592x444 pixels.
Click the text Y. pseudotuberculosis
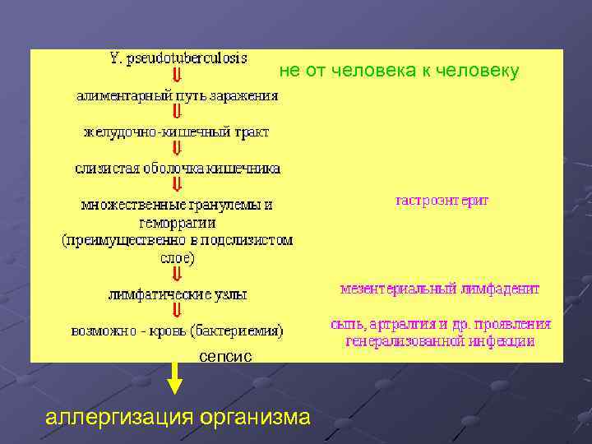(x=178, y=59)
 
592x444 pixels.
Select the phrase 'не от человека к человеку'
(x=399, y=72)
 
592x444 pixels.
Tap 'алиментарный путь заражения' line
(x=178, y=95)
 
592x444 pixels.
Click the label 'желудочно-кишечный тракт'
(x=177, y=132)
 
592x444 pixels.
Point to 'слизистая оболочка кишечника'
(x=178, y=168)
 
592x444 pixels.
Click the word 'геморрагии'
(x=177, y=222)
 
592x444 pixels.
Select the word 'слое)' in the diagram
(x=177, y=257)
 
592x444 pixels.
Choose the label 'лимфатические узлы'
(x=178, y=294)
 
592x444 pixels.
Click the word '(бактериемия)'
(x=239, y=331)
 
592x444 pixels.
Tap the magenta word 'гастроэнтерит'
(x=442, y=200)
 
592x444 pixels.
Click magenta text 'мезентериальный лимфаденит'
(x=440, y=289)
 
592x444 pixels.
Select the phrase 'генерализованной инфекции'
(x=440, y=340)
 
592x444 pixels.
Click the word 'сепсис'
(x=225, y=356)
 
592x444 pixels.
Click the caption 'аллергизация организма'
(x=178, y=417)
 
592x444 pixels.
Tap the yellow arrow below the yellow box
(x=175, y=378)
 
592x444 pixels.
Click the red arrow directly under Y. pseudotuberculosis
(x=177, y=77)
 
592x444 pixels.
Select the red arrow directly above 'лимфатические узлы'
(x=177, y=275)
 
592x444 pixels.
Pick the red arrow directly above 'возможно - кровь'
(x=177, y=312)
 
